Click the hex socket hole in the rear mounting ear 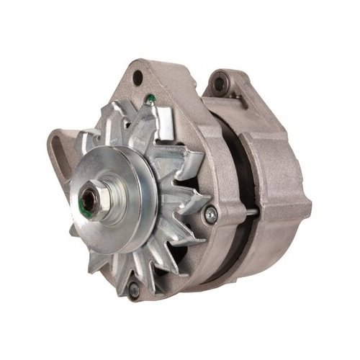click(x=219, y=85)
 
